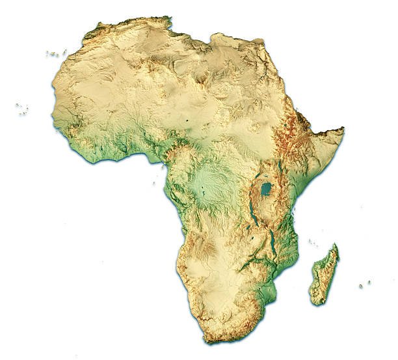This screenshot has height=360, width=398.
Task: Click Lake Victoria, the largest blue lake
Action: [x=266, y=190]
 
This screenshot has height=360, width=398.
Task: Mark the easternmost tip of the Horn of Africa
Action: [x=343, y=130]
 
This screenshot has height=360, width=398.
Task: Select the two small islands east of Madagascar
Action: [x=365, y=284]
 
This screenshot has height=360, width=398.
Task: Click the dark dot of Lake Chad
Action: [x=188, y=120]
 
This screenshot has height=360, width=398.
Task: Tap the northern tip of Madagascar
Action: [x=336, y=245]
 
